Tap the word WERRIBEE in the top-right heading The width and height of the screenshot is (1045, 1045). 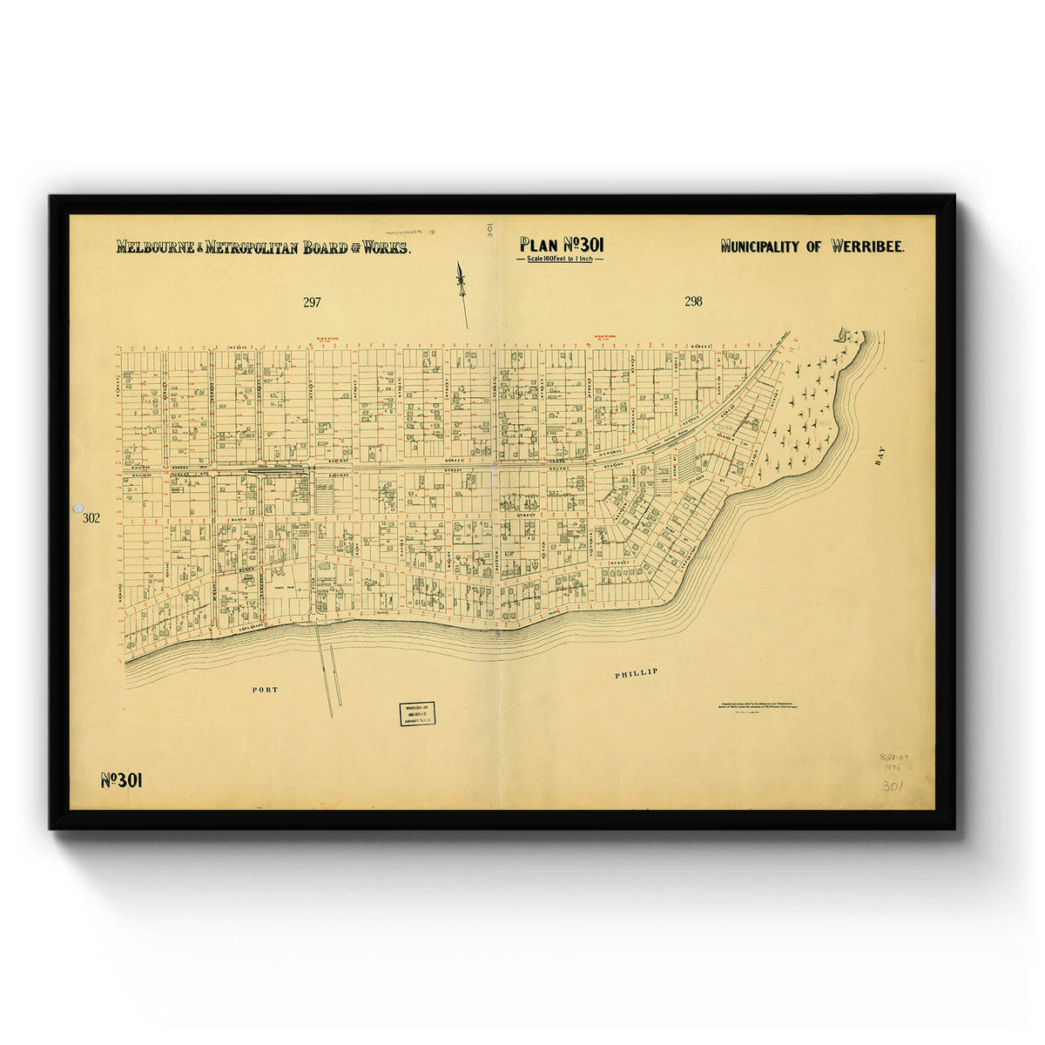click(x=867, y=246)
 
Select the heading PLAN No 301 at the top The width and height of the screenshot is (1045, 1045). click(x=561, y=245)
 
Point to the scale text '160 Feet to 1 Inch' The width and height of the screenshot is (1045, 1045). click(x=561, y=260)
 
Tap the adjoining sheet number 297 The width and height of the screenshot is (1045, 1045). click(x=312, y=303)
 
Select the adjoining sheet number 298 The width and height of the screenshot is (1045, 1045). click(x=693, y=302)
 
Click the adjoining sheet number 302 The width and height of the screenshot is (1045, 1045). click(x=91, y=518)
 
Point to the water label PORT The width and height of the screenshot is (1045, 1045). click(x=265, y=690)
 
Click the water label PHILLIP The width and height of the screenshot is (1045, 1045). click(x=635, y=673)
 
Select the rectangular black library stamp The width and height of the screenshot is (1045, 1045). click(x=417, y=713)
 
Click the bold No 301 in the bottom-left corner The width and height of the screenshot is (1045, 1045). click(x=121, y=780)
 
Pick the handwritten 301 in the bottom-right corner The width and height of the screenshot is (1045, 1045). click(x=893, y=785)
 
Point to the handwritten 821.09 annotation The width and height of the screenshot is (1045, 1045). click(x=893, y=759)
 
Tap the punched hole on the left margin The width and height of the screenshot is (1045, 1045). click(x=78, y=507)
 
